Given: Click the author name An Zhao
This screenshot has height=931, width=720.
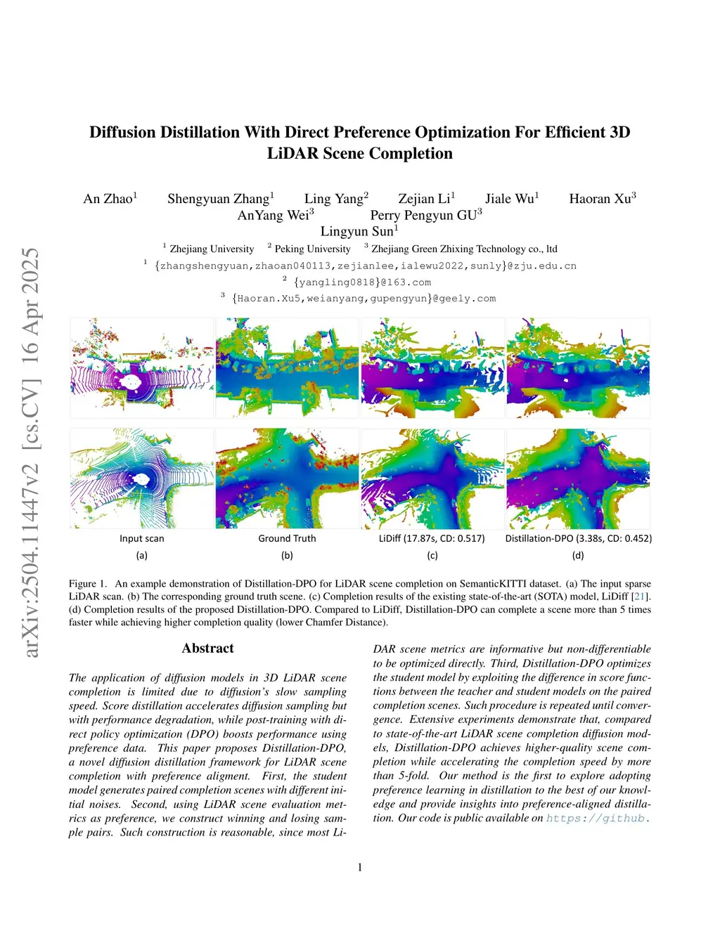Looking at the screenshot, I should [x=110, y=199].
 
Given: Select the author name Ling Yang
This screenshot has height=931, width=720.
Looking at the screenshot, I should [x=335, y=199].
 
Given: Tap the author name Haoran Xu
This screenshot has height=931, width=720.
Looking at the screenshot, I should [x=602, y=199].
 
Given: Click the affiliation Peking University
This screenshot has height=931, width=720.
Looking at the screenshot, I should [x=312, y=249].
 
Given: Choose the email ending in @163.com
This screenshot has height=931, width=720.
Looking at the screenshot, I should [x=362, y=282].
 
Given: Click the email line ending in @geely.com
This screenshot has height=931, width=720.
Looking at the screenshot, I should [x=364, y=299].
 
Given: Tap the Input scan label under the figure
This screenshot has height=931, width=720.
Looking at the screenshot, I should [x=142, y=538].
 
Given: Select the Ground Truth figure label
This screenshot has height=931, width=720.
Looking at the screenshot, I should [x=287, y=538].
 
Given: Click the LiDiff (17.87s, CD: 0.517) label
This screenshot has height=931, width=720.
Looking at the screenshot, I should [x=432, y=538].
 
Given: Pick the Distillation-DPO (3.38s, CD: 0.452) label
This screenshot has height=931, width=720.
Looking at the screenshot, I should [x=578, y=538].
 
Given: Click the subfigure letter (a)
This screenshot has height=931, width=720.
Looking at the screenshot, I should [x=142, y=555].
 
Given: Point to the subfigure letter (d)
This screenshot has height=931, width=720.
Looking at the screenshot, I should [x=578, y=555].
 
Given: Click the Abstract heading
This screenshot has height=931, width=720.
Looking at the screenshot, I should [x=207, y=649].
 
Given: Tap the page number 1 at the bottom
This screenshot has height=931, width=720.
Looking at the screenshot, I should [x=360, y=867].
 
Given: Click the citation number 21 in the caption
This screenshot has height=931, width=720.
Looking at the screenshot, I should [x=640, y=597].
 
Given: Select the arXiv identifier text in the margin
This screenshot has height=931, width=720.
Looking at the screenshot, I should [x=32, y=453].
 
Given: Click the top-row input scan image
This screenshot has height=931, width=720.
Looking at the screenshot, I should [x=142, y=367].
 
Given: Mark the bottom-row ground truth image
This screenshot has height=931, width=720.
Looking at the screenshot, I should [x=287, y=478].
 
